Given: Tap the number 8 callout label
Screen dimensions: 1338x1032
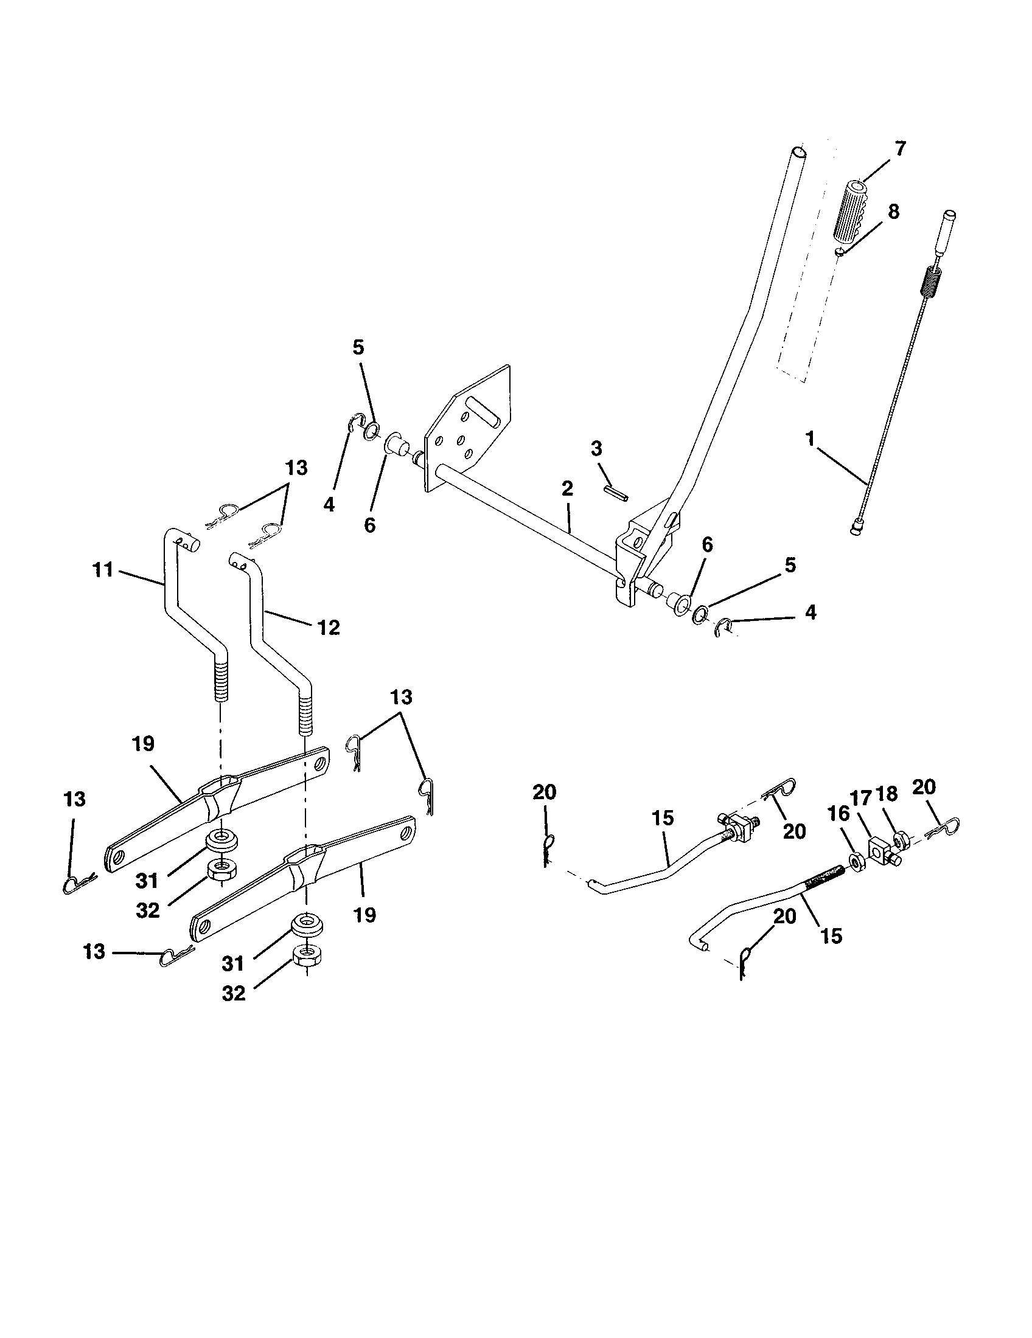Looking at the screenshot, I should point(893,212).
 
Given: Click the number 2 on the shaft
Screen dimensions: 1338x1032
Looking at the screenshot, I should point(567,488).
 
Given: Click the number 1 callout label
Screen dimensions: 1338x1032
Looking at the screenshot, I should point(810,439).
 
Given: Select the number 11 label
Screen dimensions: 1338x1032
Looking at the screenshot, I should point(103,570).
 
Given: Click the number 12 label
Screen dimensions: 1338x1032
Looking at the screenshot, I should point(329,628).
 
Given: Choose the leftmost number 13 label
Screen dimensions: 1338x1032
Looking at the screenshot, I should point(74,800).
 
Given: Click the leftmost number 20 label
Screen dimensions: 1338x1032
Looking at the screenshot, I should point(544,792).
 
